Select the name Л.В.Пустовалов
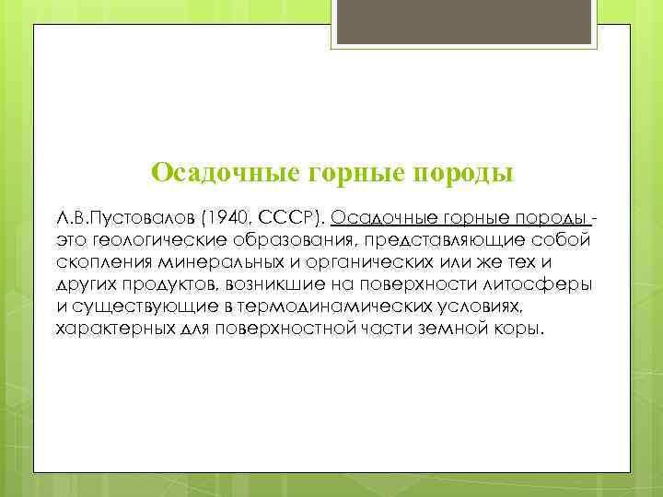point(118,219)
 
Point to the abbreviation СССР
point(285,219)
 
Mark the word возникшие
point(268,284)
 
